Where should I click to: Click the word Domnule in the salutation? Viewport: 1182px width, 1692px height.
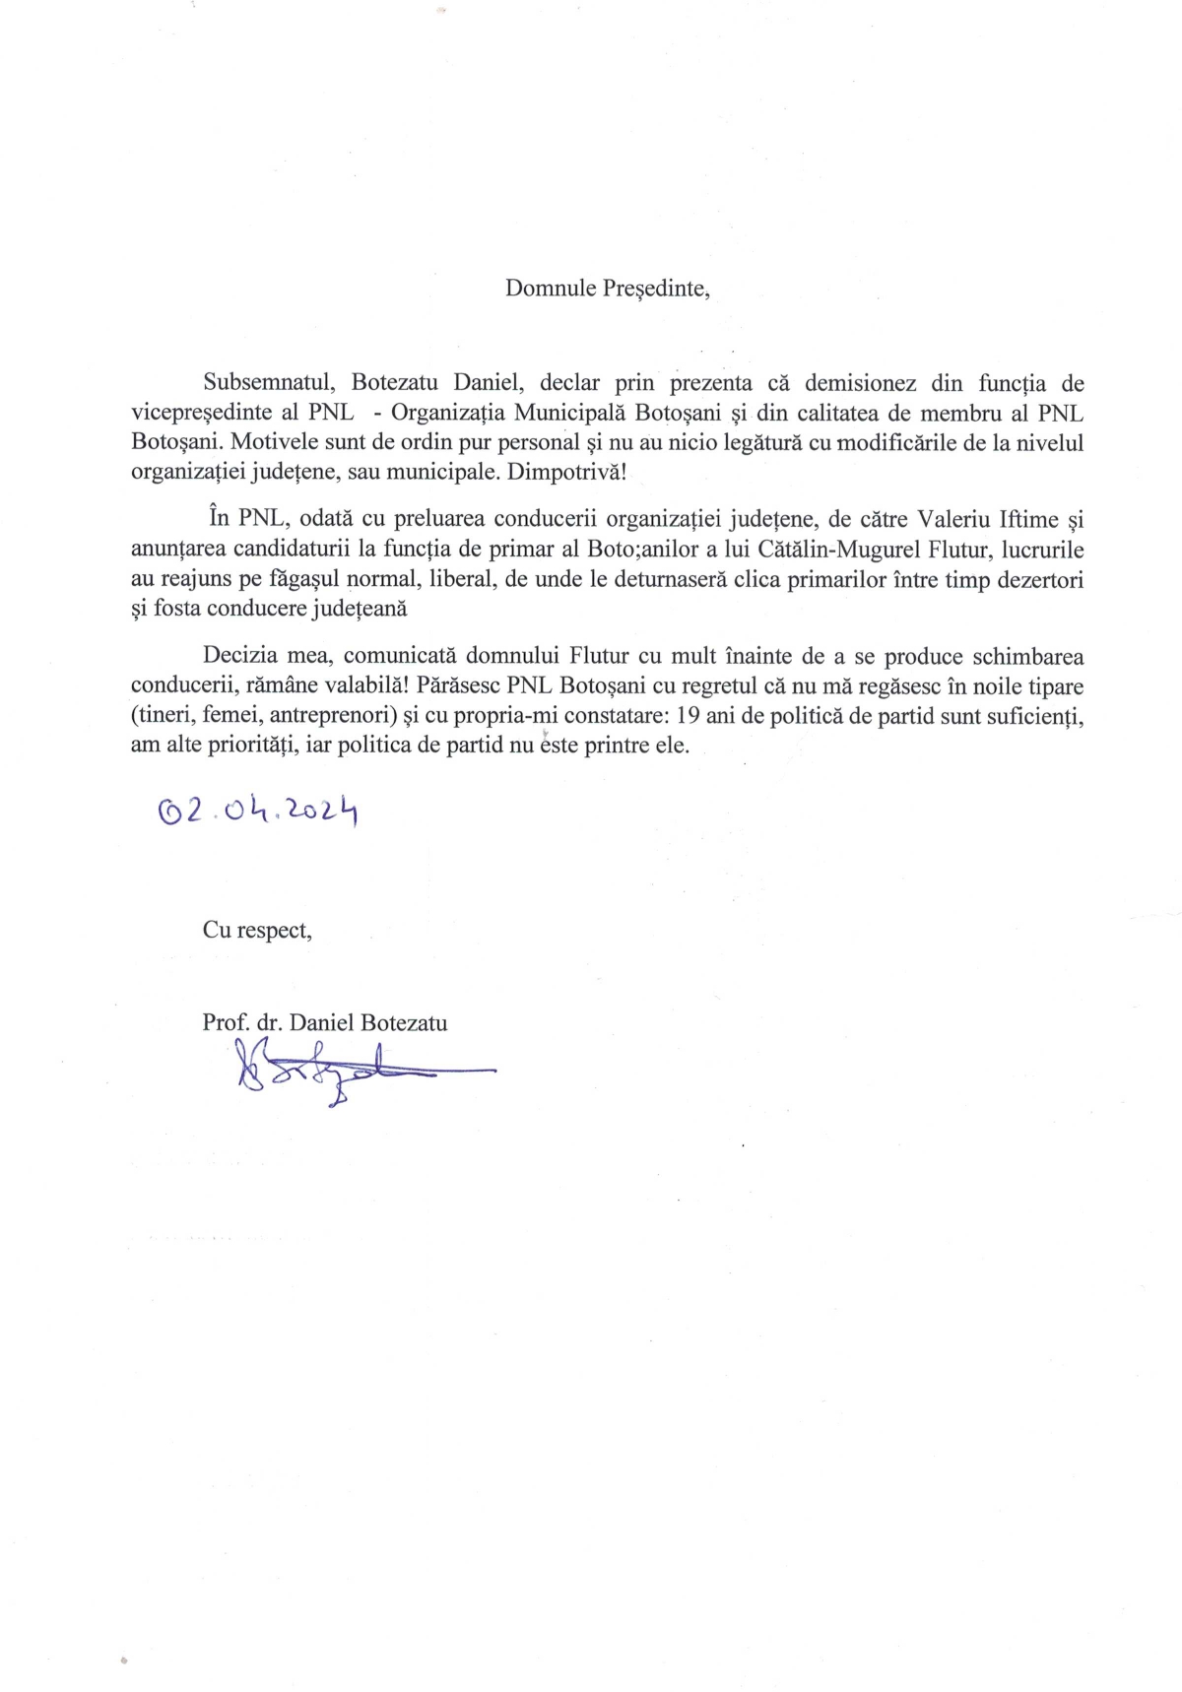coord(550,289)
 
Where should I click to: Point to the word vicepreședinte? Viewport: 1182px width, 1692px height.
coord(200,413)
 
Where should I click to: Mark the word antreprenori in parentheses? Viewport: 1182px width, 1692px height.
coord(322,715)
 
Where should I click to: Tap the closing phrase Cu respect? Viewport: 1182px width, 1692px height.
coord(257,930)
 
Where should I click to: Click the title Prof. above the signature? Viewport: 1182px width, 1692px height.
coord(225,1022)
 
